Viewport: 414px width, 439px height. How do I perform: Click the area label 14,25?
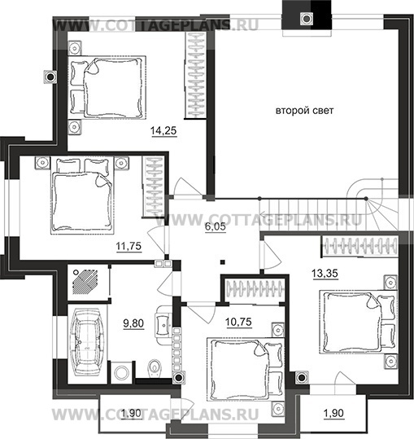(163, 131)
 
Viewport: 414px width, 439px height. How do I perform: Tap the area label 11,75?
(129, 246)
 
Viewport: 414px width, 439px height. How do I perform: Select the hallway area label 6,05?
(216, 226)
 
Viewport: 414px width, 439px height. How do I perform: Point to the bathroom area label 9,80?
(133, 323)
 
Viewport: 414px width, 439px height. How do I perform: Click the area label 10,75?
(238, 322)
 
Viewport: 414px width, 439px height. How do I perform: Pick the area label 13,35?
(325, 273)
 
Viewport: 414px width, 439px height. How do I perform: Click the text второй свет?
(304, 111)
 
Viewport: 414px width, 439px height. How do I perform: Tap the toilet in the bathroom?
(154, 367)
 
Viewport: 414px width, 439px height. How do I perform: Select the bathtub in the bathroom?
(87, 341)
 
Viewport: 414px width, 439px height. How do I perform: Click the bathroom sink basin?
(163, 325)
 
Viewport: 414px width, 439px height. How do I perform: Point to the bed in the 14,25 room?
(107, 88)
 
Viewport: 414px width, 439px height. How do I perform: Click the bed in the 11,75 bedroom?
(82, 195)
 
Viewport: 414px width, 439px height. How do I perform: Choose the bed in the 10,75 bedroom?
(246, 369)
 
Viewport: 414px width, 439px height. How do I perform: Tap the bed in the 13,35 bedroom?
(359, 322)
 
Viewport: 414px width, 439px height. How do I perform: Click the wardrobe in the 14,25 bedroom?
(196, 75)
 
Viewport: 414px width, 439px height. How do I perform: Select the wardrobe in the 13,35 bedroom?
(360, 246)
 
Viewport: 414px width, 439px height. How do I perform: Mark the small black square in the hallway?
(223, 262)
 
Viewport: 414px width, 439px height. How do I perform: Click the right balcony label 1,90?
(333, 413)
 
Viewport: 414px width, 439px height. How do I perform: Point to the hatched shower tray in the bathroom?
(85, 282)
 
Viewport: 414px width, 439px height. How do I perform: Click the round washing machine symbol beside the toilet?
(122, 373)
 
